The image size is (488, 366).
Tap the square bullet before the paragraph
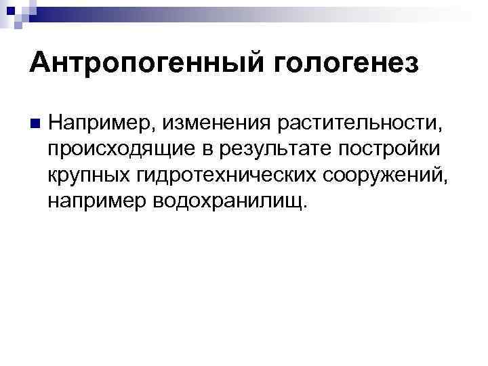tap(33, 123)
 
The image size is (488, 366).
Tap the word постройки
tap(362, 149)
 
